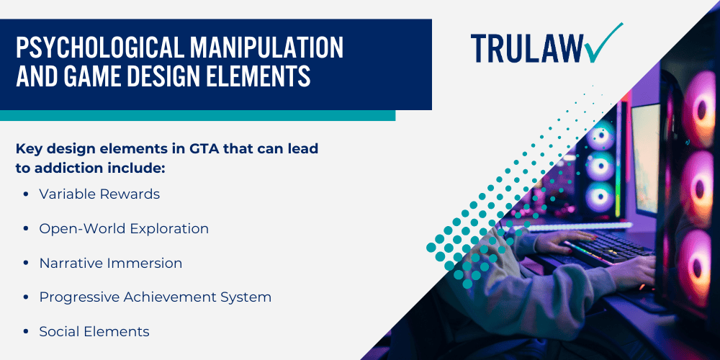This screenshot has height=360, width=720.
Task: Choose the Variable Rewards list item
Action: pyautogui.click(x=99, y=194)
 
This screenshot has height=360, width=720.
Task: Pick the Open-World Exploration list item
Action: pyautogui.click(x=124, y=228)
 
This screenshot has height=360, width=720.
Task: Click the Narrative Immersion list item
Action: pyautogui.click(x=110, y=263)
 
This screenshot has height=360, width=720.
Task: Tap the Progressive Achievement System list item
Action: pyautogui.click(x=155, y=297)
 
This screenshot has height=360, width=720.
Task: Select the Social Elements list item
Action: pyautogui.click(x=94, y=331)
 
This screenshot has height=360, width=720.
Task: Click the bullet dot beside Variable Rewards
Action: pyautogui.click(x=26, y=194)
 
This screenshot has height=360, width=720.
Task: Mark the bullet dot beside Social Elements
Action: pyautogui.click(x=26, y=332)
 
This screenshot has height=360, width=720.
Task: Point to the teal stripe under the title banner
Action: pyautogui.click(x=197, y=115)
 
